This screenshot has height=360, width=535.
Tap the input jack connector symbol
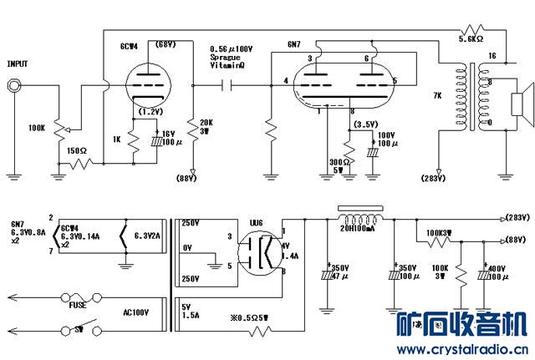pyautogui.click(x=14, y=84)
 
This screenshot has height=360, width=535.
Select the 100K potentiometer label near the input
pyautogui.click(x=37, y=129)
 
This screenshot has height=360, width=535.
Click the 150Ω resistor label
pyautogui.click(x=77, y=150)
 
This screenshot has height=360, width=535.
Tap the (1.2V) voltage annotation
pyautogui.click(x=150, y=110)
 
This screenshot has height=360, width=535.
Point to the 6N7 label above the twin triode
pyautogui.click(x=293, y=44)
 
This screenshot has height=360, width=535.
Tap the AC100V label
pyautogui.click(x=137, y=312)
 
